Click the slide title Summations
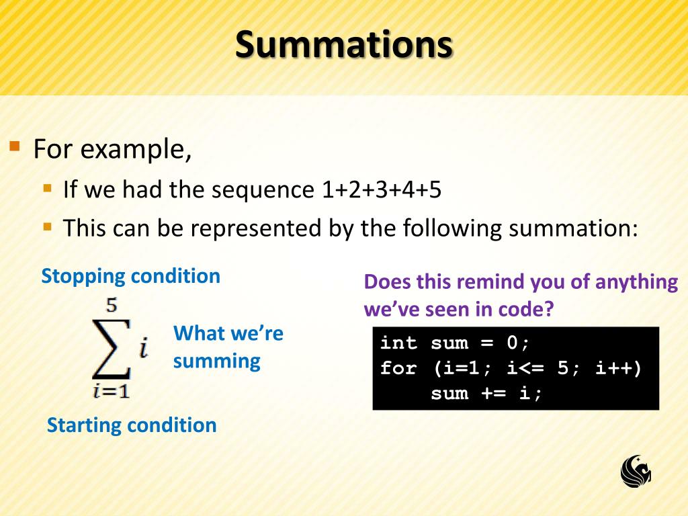pos(344,45)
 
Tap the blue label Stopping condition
pos(130,276)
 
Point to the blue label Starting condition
pos(132,425)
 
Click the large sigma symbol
pos(111,349)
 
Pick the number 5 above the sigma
pos(112,306)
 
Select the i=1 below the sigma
pos(111,390)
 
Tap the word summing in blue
pos(216,361)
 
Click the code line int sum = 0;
pos(455,343)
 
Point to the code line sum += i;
pos(486,393)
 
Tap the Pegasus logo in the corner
pos(636,470)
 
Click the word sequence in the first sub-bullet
pos(263,190)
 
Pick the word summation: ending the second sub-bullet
pos(572,228)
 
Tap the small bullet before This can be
pos(47,226)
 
